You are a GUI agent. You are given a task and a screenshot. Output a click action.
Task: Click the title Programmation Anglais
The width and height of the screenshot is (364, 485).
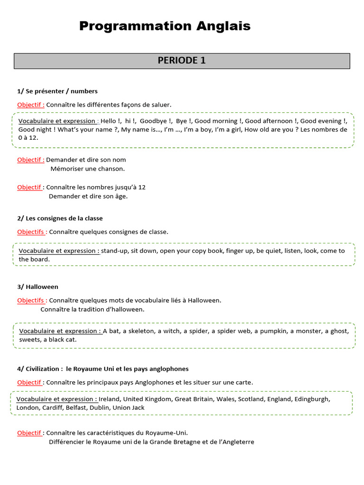point(164,26)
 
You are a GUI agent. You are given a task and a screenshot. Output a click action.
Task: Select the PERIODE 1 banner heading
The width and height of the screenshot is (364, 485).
point(182,61)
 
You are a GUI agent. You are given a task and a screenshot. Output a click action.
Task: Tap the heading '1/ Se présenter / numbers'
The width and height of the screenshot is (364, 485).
point(57,91)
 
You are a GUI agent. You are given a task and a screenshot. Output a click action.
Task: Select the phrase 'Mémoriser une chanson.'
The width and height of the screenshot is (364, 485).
point(88,168)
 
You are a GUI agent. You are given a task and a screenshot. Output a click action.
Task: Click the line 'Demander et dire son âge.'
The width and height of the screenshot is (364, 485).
point(88,196)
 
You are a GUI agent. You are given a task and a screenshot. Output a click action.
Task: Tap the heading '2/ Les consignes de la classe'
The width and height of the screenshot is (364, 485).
point(60,218)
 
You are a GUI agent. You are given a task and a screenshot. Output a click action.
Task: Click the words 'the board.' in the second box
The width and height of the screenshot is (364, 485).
point(34,259)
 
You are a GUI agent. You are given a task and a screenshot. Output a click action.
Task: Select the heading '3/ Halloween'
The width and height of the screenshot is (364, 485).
point(38,287)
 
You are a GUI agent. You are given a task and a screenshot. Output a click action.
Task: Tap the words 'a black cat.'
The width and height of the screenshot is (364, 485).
point(60,340)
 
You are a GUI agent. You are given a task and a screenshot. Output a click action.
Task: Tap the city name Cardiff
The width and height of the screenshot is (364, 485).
point(55,407)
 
